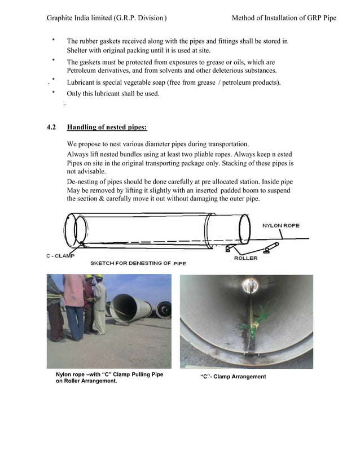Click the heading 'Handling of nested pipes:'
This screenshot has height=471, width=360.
click(107, 127)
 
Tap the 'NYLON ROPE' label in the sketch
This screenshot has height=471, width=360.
click(280, 225)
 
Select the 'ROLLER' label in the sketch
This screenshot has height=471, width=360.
click(245, 258)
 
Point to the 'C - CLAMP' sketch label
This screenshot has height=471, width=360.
click(61, 256)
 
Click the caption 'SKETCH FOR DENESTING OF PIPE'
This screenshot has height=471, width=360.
click(138, 263)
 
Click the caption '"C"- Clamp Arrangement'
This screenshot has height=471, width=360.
click(233, 377)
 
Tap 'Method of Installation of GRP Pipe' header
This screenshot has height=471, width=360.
click(284, 18)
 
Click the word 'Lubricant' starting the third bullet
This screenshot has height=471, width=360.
click(82, 82)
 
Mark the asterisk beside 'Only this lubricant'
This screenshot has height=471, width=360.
click(53, 93)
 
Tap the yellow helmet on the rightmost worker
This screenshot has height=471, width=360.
click(99, 277)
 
